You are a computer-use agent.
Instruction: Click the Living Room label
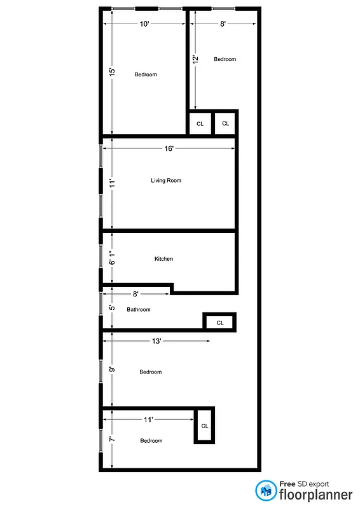(166, 181)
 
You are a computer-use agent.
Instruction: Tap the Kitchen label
(163, 259)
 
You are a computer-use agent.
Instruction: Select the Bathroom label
(139, 310)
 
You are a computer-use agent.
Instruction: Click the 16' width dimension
(169, 148)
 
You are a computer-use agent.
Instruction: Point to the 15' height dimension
(112, 72)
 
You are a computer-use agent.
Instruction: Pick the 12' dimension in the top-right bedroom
(195, 60)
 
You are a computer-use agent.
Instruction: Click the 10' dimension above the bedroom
(144, 24)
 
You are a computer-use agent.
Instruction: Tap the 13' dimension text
(156, 341)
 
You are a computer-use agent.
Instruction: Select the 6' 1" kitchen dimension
(112, 258)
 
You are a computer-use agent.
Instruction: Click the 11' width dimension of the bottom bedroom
(149, 419)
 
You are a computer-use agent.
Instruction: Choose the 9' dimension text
(112, 370)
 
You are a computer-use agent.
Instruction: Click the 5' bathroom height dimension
(112, 308)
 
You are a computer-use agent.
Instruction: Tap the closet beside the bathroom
(220, 323)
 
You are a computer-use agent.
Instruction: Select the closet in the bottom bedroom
(205, 426)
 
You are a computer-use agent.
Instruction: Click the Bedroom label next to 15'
(146, 75)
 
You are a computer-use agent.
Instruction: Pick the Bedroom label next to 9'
(151, 372)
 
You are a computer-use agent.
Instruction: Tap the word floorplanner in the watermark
(316, 494)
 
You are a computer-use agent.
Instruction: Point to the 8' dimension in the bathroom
(135, 294)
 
